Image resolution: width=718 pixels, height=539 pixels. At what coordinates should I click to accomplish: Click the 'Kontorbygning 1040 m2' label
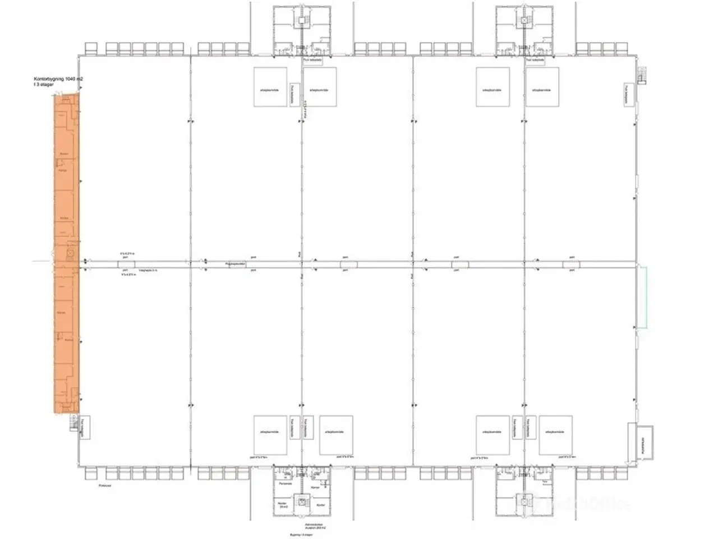(58, 80)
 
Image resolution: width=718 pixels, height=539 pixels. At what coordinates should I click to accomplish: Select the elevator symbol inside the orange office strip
(70, 254)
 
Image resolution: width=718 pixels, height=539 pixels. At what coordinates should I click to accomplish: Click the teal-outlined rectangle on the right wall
(643, 297)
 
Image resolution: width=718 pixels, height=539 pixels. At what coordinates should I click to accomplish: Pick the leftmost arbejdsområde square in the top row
(270, 87)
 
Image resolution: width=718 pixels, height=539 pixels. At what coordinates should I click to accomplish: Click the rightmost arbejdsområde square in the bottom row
(556, 435)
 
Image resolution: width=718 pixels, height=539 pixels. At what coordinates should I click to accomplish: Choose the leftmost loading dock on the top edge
(93, 48)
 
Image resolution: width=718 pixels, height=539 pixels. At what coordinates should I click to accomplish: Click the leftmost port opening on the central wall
(127, 264)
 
